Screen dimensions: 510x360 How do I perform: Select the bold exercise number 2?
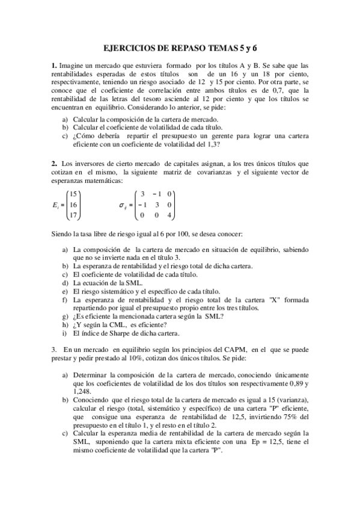(x=53, y=163)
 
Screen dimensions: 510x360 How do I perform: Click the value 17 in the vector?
(x=73, y=215)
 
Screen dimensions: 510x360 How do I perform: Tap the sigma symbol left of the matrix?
(x=123, y=205)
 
